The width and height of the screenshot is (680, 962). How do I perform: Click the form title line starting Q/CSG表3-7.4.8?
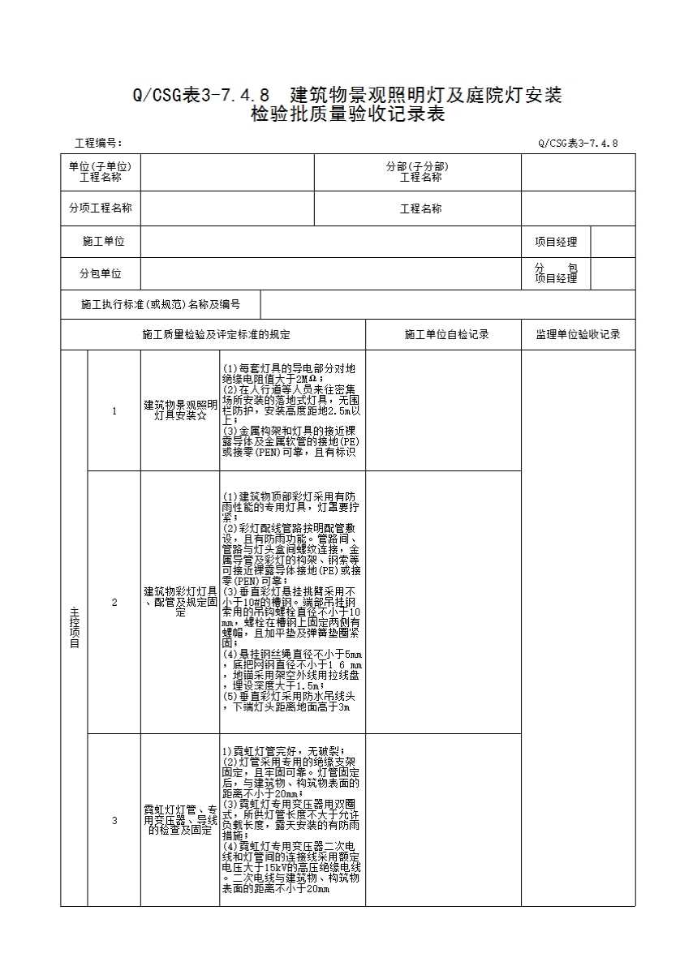coord(347,96)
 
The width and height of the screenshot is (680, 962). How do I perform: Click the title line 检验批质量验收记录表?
coord(347,114)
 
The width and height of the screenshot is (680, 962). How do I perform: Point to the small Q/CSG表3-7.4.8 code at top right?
coord(578,143)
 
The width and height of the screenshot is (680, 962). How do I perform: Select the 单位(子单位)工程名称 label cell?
coord(101,172)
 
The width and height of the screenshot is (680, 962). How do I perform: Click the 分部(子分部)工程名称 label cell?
coord(417,172)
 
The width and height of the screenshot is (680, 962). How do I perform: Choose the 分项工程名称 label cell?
coord(101,208)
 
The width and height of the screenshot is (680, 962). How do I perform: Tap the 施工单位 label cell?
coord(103,242)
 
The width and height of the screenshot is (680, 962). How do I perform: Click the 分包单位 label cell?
coord(101,273)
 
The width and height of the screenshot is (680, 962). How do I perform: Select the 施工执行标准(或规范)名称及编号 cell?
coord(161,305)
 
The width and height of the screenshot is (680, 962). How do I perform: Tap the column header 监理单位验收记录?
coord(578,334)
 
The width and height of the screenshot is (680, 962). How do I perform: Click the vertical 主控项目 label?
coord(75,628)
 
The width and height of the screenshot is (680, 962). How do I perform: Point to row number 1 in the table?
coord(114,411)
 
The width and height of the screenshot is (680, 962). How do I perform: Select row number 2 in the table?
coord(114,603)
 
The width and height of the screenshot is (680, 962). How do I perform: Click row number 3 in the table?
coord(114,820)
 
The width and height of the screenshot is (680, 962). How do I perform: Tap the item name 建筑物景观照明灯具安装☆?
coord(180,410)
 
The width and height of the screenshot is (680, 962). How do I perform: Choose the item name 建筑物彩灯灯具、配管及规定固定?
coord(180,602)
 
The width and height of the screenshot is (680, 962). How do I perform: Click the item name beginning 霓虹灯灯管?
coord(180,820)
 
